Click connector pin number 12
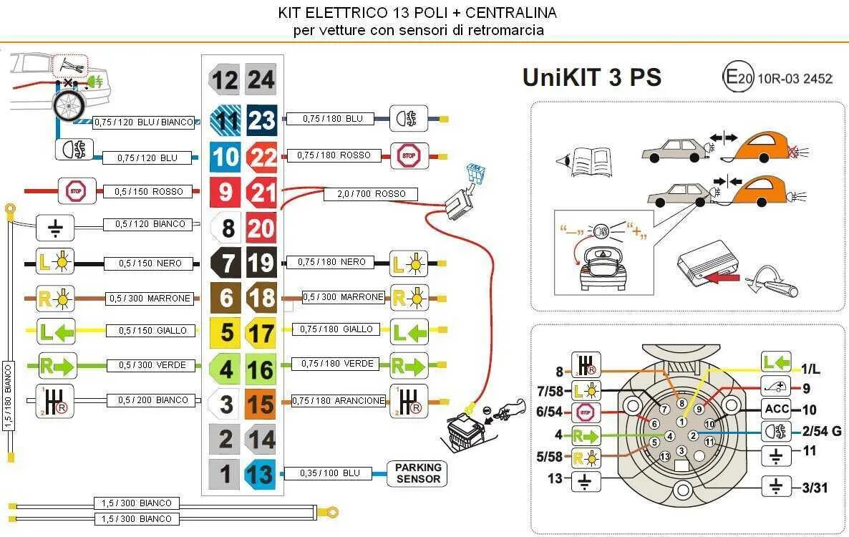[224, 79]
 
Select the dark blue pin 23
[261, 120]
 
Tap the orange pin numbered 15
[261, 404]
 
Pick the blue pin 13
[260, 474]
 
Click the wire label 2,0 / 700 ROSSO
[371, 193]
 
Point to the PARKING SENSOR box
[418, 473]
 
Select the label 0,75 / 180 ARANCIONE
[339, 401]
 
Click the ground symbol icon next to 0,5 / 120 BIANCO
[55, 227]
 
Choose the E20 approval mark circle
[737, 78]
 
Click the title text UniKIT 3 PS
[591, 77]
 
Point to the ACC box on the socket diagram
[777, 410]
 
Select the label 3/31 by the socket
[815, 488]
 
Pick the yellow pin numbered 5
[225, 333]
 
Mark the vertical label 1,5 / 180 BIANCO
[9, 396]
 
